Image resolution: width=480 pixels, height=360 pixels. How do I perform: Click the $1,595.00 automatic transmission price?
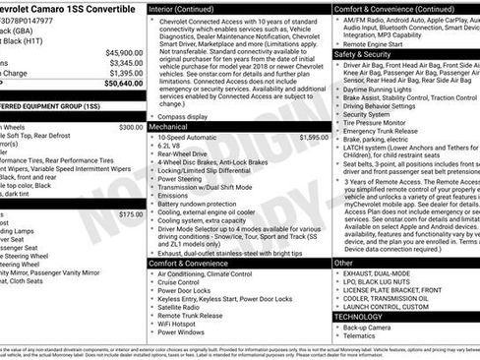[x=293, y=138]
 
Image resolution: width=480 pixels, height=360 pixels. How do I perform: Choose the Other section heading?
[x=343, y=263]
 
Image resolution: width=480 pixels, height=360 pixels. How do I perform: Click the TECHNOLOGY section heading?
[x=360, y=316]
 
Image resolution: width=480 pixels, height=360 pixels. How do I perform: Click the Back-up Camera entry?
[x=369, y=326]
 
